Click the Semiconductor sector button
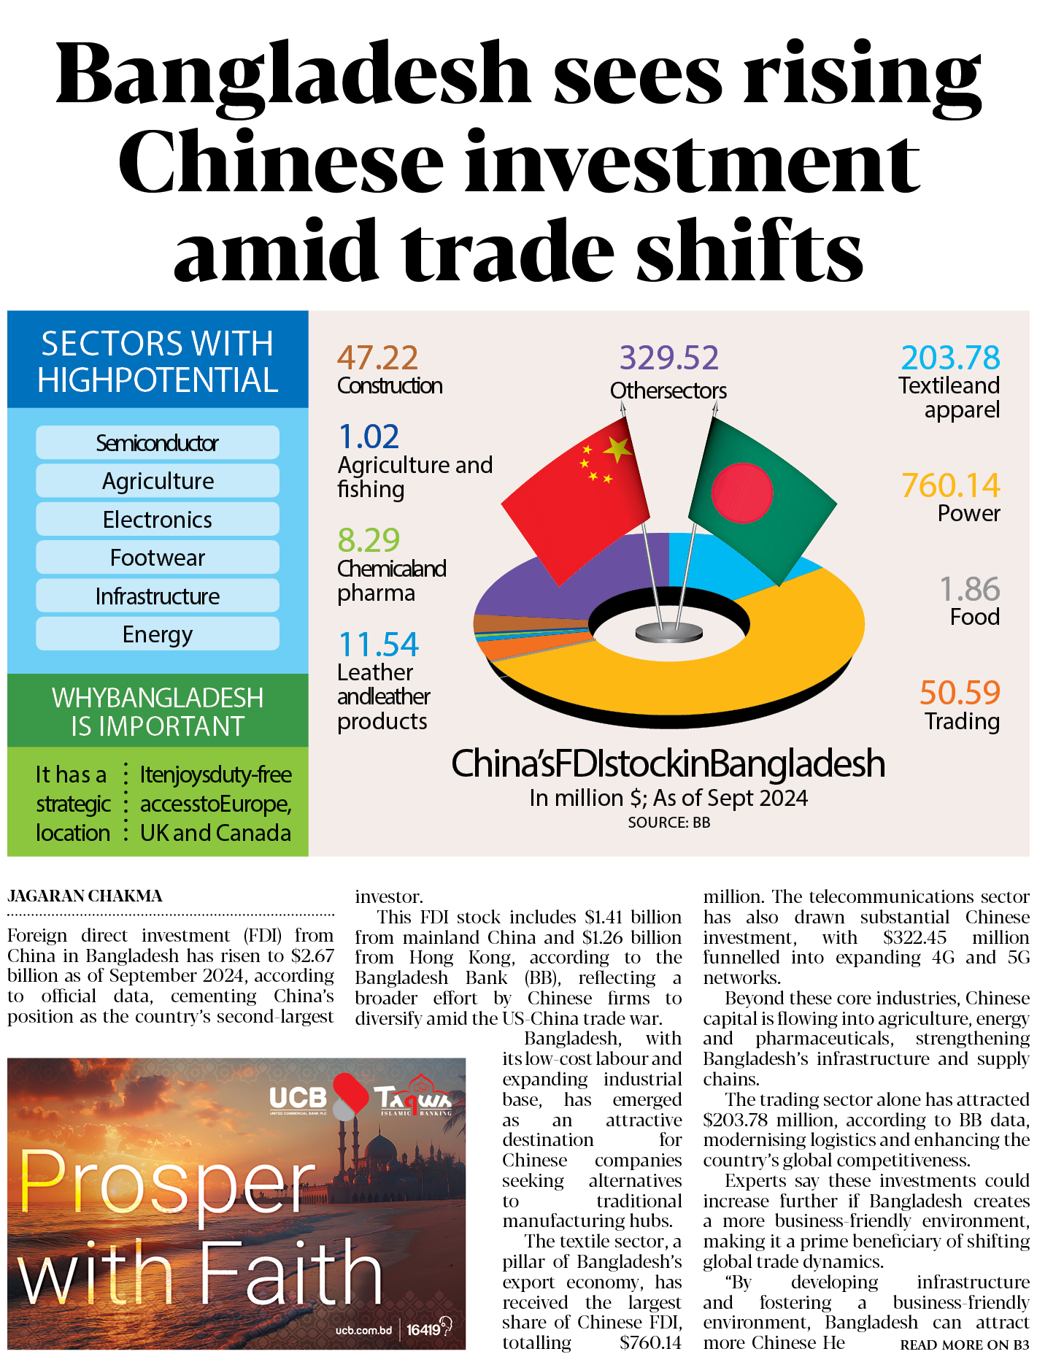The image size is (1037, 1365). click(x=158, y=443)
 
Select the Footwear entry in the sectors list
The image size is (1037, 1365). click(x=158, y=558)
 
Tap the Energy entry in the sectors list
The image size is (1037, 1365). click(x=158, y=634)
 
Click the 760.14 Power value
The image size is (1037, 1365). click(x=950, y=486)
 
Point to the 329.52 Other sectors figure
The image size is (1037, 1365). click(x=669, y=358)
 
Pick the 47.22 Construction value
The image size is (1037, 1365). click(x=377, y=358)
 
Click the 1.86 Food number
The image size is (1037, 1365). click(x=969, y=590)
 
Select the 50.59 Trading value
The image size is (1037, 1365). click(x=959, y=693)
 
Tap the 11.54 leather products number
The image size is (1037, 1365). click(x=378, y=645)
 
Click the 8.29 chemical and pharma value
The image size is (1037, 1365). click(x=369, y=541)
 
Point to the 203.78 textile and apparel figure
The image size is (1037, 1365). click(x=950, y=358)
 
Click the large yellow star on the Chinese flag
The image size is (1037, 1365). click(x=618, y=450)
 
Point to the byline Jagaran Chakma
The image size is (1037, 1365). click(x=85, y=896)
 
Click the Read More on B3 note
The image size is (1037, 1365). click(x=964, y=1345)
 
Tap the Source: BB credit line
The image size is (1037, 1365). click(x=668, y=823)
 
